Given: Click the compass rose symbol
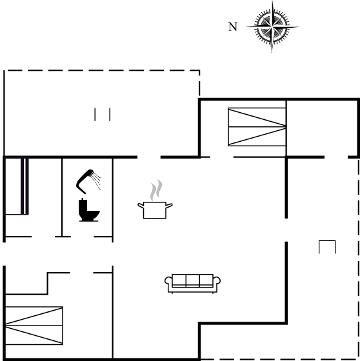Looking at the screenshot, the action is click(x=272, y=27).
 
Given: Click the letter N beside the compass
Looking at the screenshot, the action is click(x=233, y=26).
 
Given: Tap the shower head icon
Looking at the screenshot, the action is click(x=85, y=181).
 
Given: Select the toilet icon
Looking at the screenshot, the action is click(x=89, y=210).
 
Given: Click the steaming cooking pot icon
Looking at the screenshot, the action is click(x=155, y=199).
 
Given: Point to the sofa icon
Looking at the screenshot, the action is click(x=192, y=284).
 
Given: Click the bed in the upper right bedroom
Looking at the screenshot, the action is click(x=257, y=127).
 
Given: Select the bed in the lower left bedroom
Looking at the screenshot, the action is click(x=34, y=326).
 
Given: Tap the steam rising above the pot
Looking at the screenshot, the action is click(x=156, y=190).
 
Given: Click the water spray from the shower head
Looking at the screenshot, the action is click(x=96, y=181).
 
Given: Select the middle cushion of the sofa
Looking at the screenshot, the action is click(x=193, y=280).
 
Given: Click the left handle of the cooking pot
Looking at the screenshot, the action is click(x=141, y=206).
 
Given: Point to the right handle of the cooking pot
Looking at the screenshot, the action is click(x=169, y=206).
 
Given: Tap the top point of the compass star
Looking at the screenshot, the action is click(x=272, y=1).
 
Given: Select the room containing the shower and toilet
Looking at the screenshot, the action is click(x=87, y=197).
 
